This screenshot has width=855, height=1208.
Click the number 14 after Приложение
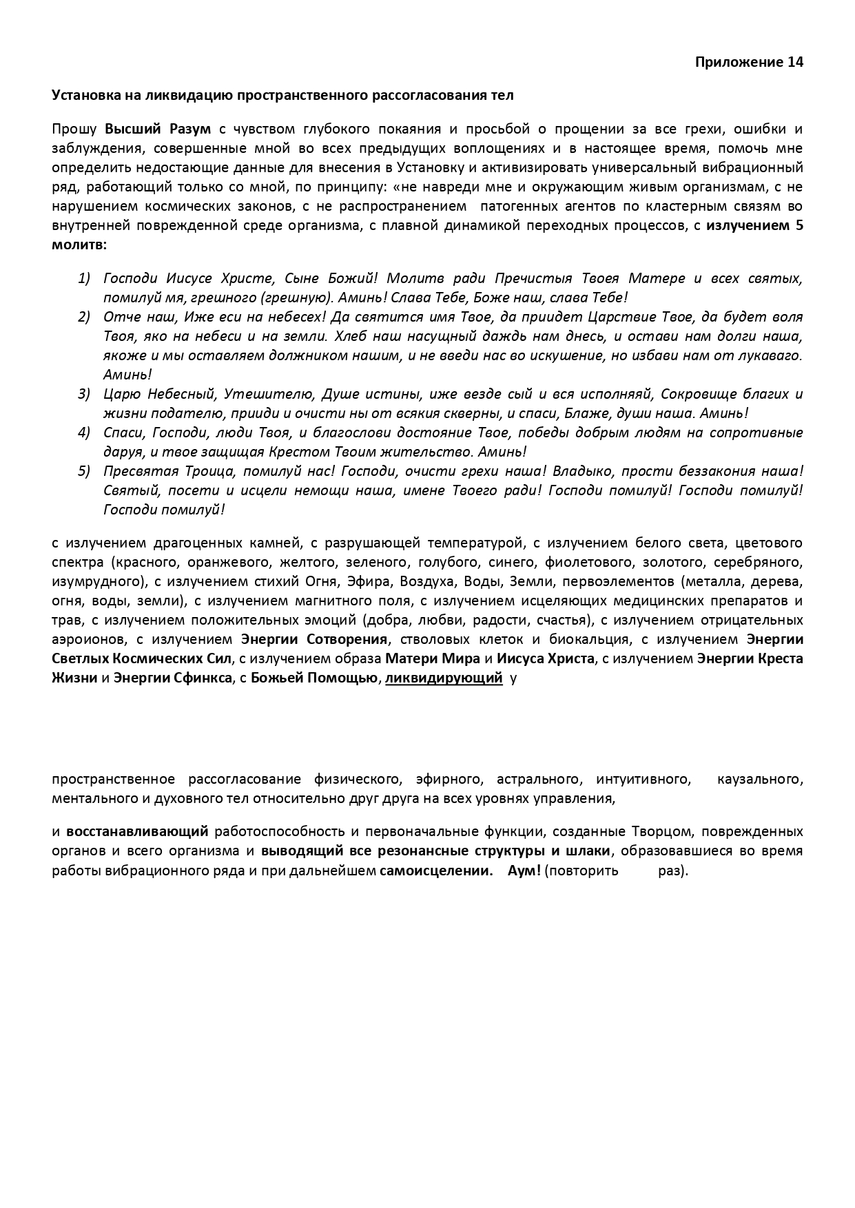[x=795, y=62]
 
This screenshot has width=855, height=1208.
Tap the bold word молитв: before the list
[x=79, y=244]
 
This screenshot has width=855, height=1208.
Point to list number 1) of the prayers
[x=84, y=278]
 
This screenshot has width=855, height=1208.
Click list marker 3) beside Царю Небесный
[x=84, y=394]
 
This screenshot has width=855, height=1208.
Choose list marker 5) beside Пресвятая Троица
[x=84, y=471]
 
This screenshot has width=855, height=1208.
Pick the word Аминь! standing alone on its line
[x=127, y=375]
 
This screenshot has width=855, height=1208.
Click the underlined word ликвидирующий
[x=444, y=678]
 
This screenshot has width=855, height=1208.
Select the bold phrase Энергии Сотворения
[x=316, y=639]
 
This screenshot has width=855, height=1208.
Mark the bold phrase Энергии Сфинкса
[x=172, y=678]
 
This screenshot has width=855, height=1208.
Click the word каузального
[x=760, y=779]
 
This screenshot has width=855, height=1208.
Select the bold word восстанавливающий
[x=137, y=831]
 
